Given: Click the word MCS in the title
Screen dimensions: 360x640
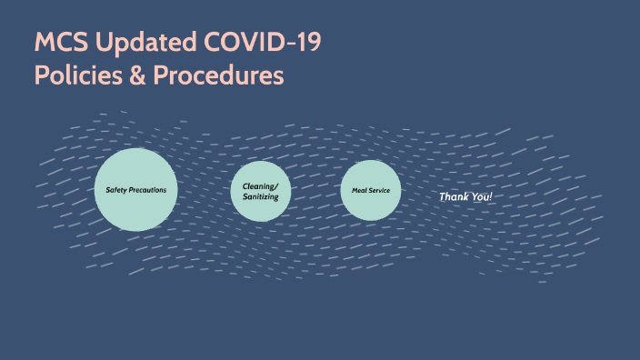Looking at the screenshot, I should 60,43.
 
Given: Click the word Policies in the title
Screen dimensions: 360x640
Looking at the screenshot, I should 75,75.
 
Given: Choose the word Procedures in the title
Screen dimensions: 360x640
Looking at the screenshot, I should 218,75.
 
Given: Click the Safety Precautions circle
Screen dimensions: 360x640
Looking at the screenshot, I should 135,189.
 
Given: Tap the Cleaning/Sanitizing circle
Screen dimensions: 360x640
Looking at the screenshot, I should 260,191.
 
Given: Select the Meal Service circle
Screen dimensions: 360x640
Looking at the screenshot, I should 370,190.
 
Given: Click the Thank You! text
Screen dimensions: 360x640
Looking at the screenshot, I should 465,196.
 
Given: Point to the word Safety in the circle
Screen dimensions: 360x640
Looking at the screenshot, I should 117,190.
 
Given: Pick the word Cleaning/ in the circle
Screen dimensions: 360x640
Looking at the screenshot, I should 260,185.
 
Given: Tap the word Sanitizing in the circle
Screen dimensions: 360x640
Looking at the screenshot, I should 260,196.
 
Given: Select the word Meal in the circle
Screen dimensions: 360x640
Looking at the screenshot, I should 357,190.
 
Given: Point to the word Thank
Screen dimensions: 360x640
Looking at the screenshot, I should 455,196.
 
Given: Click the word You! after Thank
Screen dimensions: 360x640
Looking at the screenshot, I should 482,196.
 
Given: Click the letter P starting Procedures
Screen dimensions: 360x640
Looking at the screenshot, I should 161,75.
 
